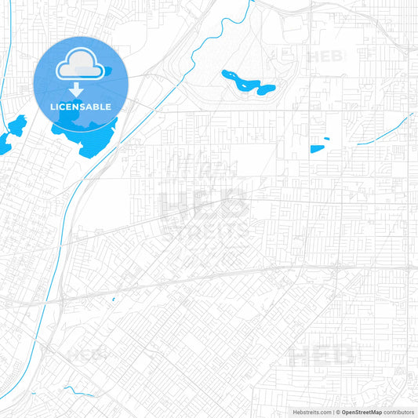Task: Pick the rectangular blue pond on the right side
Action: click(319, 148)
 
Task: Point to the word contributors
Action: click(399, 412)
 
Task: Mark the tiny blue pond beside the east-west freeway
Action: click(113, 299)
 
